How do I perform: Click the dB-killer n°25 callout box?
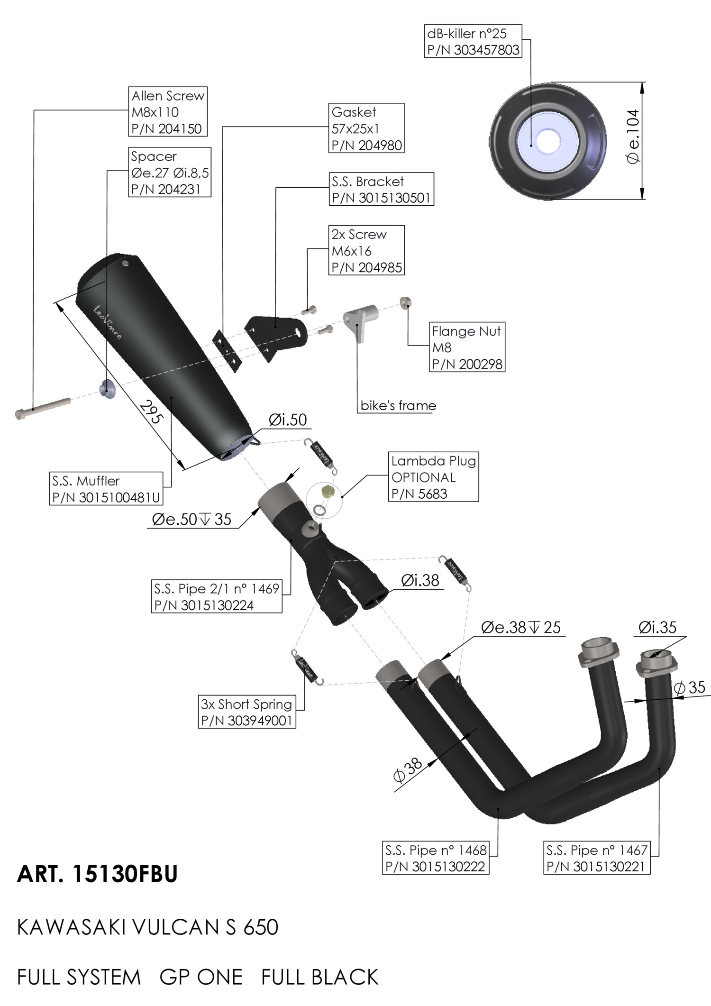pos(473,41)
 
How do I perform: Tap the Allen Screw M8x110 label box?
pos(168,111)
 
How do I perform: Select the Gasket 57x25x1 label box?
pos(366,128)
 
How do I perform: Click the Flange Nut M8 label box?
pos(467,347)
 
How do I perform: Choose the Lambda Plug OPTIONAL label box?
pos(433,476)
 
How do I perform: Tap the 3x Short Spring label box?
pos(247,712)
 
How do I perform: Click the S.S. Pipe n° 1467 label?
pos(597,858)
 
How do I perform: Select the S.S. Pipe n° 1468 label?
pos(436,858)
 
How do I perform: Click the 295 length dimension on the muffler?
pos(151,412)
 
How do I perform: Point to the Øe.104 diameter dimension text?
pos(633,137)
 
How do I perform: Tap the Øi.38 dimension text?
pos(420,580)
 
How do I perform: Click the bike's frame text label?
pos(398,405)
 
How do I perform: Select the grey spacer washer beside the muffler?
pos(107,389)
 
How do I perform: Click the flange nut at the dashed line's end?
pos(405,302)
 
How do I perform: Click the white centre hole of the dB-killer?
pos(547,141)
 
